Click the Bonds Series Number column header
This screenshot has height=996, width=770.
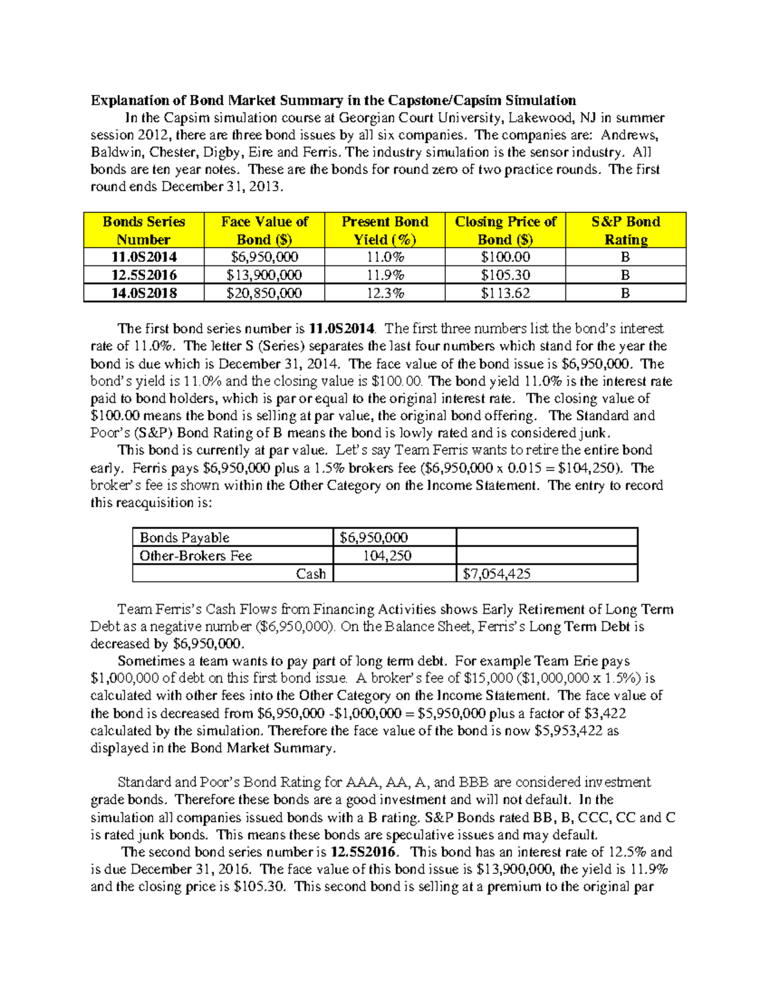click(x=144, y=230)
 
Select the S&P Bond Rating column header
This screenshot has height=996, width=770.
click(x=626, y=230)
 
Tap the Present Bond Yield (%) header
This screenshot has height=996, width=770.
click(x=384, y=230)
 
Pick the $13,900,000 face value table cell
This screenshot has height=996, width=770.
click(x=264, y=275)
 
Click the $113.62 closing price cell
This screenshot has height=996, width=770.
click(x=505, y=293)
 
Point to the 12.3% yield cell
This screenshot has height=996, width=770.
click(x=384, y=293)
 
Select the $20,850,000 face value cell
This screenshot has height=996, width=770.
click(x=264, y=293)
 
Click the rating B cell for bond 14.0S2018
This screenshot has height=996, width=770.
click(x=626, y=293)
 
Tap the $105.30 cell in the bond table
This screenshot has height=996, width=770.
click(x=505, y=275)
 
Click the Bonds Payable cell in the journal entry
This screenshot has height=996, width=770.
click(x=185, y=537)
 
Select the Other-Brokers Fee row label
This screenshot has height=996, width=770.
click(x=196, y=555)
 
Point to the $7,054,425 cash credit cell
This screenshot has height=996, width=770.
click(x=497, y=573)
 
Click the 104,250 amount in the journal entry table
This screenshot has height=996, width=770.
click(x=387, y=555)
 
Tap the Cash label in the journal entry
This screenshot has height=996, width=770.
click(x=311, y=573)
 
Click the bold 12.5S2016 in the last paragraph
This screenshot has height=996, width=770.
click(x=364, y=852)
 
